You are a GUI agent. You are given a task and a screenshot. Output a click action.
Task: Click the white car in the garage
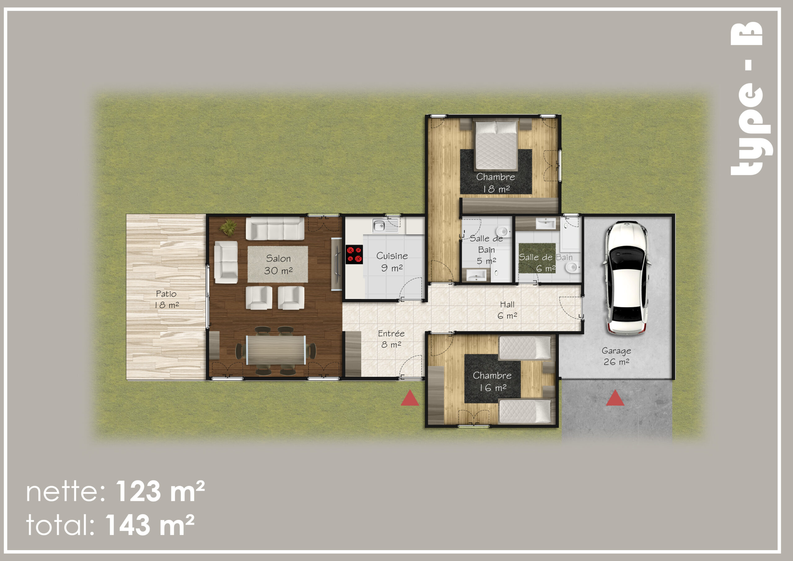point(626,278)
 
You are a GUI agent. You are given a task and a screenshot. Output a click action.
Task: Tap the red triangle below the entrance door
point(410,398)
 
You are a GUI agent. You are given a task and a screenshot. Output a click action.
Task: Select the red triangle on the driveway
point(615,398)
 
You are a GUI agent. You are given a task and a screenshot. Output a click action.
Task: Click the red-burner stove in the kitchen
point(354,254)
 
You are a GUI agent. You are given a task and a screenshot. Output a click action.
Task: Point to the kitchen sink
point(379,226)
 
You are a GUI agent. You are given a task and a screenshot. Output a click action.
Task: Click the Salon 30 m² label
point(278,264)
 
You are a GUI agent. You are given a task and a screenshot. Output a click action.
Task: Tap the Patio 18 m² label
point(166,299)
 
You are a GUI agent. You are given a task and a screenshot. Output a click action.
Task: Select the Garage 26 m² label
point(616,356)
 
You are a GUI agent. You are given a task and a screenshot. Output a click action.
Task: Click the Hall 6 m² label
point(507,310)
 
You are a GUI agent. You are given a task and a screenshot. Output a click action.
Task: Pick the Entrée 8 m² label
point(391,339)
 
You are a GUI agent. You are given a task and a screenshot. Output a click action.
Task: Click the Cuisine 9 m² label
point(392,262)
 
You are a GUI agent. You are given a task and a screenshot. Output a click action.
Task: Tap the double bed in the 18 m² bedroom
point(496,145)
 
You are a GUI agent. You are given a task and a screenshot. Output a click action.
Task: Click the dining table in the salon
point(276,350)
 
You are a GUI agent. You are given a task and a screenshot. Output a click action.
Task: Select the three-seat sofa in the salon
point(275,228)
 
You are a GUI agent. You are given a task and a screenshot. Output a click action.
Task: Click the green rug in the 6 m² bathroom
point(537,258)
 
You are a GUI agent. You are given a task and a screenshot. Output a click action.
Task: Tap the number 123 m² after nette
point(160,491)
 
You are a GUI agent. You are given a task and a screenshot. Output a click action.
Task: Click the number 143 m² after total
point(150,525)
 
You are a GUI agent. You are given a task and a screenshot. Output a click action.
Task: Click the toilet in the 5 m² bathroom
point(502,231)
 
